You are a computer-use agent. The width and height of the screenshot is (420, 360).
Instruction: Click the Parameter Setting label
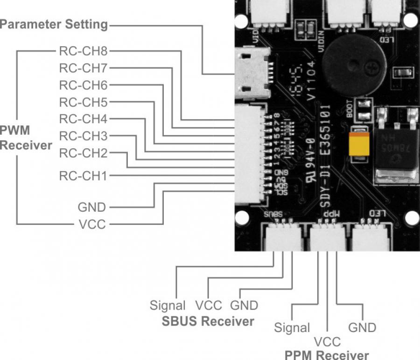point(54,24)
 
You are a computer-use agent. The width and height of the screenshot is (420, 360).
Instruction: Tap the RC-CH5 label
point(83,102)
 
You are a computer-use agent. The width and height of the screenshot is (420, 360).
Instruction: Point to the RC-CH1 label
point(83,176)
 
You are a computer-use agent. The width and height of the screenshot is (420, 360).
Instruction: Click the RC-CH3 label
point(83,137)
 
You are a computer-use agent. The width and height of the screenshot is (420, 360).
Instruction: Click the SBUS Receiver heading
point(208,321)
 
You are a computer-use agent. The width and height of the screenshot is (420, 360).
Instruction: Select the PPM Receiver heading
point(327,354)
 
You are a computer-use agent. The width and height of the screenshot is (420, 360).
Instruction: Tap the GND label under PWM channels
point(92,207)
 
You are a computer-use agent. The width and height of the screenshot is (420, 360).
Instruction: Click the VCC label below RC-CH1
point(92,225)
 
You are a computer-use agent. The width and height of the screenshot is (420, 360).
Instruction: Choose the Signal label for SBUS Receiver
point(168,306)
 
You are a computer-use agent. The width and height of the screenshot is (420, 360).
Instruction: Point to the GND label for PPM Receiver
point(363,327)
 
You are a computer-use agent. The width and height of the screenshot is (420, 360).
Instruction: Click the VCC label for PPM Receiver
point(327,342)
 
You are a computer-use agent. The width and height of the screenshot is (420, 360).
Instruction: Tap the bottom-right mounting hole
point(412,218)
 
